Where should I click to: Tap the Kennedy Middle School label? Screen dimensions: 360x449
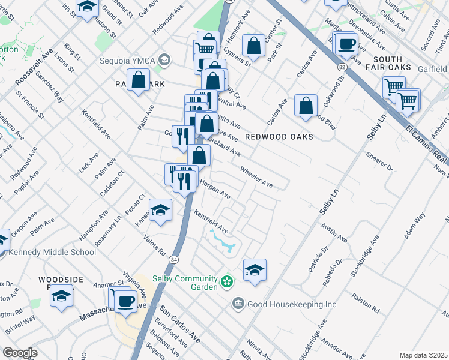point(52,252)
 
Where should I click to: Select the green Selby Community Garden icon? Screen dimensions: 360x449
point(227,281)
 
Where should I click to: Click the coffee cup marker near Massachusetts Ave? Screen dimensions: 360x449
point(125,301)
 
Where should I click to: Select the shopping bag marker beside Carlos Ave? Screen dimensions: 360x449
point(306,106)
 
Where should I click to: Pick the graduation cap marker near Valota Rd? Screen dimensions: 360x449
point(161,210)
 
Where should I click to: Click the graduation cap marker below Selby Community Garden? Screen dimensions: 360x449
point(255,271)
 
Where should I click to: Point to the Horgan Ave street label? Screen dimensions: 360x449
point(215,190)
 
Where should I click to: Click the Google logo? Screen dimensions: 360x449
point(20,353)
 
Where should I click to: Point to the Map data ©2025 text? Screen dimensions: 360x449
point(423,355)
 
